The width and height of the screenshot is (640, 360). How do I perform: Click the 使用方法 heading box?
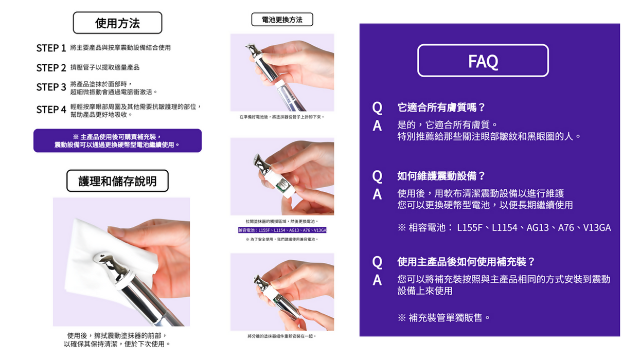tap(117, 23)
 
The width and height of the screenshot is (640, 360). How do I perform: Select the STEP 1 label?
tap(51, 48)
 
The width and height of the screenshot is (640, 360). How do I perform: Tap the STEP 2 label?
tap(51, 68)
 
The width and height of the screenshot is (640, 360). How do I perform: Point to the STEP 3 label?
tap(51, 87)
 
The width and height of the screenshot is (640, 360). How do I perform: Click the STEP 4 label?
tap(51, 110)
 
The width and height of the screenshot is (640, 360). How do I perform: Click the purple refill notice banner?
tap(117, 140)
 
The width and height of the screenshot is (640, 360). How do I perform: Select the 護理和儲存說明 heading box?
tap(117, 181)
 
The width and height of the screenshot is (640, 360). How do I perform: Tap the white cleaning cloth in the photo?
tap(98, 247)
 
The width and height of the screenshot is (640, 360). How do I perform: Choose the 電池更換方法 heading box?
tap(282, 20)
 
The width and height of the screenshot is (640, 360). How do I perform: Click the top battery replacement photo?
tap(282, 72)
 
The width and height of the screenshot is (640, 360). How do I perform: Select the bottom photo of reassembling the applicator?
tap(282, 292)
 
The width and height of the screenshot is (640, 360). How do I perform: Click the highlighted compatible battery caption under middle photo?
tap(282, 230)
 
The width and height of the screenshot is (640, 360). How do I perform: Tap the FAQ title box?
tap(483, 61)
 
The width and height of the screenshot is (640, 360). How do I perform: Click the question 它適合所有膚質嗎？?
tap(441, 107)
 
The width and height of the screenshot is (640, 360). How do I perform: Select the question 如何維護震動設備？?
tap(441, 176)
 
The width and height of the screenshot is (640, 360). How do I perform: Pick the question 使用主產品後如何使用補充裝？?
tap(466, 262)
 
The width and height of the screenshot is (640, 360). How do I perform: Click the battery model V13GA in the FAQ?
tap(597, 227)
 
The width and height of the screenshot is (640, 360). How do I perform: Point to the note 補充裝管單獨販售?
tap(445, 317)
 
